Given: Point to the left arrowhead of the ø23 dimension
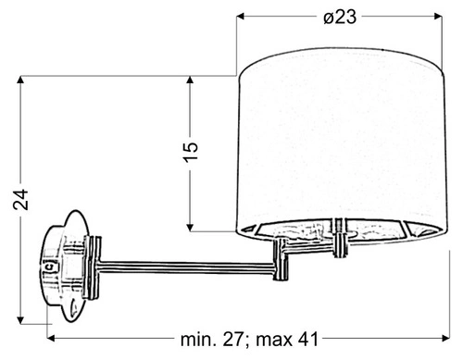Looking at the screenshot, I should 243,17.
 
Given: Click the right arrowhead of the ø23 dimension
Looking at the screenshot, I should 438,17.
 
